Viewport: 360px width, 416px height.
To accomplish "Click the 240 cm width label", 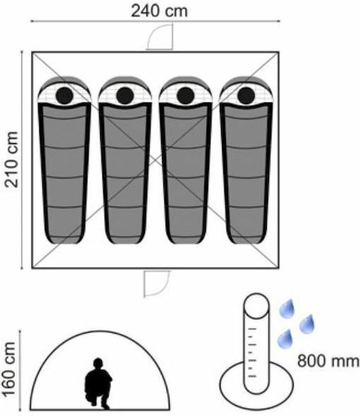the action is pos(160,11).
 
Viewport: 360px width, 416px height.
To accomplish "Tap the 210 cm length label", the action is pos(12,159).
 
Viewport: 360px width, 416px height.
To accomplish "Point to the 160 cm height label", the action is pos(8,370).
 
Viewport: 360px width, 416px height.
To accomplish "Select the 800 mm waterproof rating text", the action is pos(328,361).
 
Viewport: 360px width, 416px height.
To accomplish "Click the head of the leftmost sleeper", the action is pos(65,96).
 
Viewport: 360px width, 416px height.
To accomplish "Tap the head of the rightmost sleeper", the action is pos(247,96).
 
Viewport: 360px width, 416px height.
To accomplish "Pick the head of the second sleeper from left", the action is pos(125,96).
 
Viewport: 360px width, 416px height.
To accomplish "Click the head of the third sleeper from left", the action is pos(186,96).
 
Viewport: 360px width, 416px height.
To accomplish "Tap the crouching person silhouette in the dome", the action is pos(98,383).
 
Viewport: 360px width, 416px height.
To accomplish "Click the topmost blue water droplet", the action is pos(287,309).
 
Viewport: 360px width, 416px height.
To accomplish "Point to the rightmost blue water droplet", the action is pos(307,324).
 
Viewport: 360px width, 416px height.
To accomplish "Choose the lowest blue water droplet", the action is pos(285,339).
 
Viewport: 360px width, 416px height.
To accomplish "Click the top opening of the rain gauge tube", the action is pos(256,306).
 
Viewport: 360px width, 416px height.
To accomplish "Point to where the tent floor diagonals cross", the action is pos(155,160).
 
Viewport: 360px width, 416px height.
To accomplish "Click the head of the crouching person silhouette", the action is pos(98,363).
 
